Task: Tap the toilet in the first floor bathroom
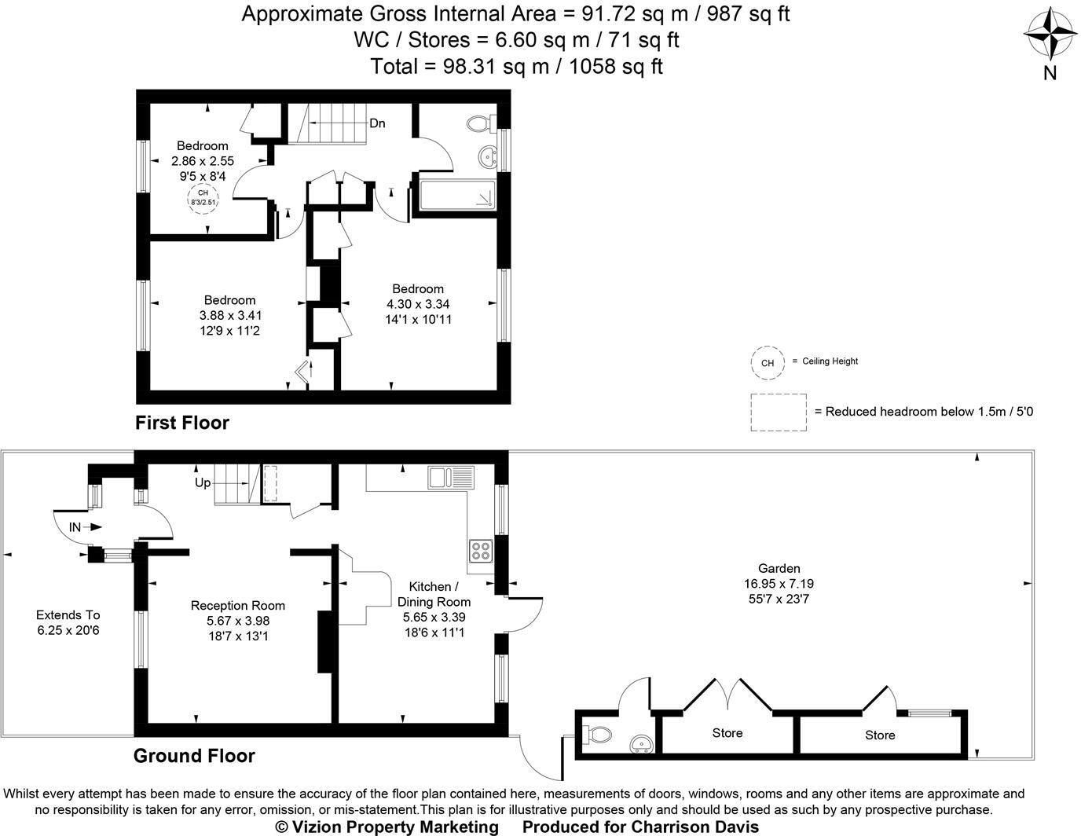tap(479, 123)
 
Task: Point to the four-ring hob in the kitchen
tap(479, 551)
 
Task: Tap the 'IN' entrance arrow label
tap(75, 527)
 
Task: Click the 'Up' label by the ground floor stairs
tap(203, 482)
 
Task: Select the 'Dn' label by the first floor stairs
tap(377, 123)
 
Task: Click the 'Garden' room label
tap(779, 568)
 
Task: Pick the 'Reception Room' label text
tap(237, 605)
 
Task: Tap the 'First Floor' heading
tap(182, 423)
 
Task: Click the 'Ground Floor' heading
tap(194, 756)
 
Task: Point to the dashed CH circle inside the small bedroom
tap(203, 197)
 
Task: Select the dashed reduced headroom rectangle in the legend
tap(778, 412)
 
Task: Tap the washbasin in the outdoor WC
tap(642, 743)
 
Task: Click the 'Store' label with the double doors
tap(727, 733)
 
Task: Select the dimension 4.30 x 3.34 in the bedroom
tap(418, 304)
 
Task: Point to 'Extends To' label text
tap(68, 615)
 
